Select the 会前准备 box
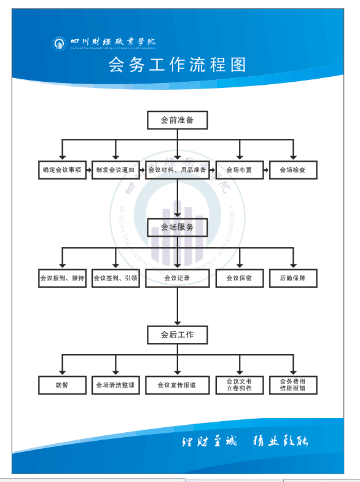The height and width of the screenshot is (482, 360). tap(178, 120)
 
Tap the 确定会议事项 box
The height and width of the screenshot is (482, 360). tap(62, 170)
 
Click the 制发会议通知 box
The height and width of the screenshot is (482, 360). tap(115, 170)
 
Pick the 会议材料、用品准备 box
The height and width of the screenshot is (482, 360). tap(178, 170)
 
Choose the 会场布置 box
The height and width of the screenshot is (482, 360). tap(240, 170)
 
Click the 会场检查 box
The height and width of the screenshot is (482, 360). tap(293, 170)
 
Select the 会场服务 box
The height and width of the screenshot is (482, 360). tap(178, 227)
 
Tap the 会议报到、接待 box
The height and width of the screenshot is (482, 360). tap(62, 278)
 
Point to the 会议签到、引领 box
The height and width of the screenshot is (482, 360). tap(115, 278)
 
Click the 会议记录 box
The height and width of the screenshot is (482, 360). tap(178, 278)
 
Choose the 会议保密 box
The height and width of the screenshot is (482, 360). tap(240, 278)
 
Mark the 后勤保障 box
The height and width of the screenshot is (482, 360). tap(293, 278)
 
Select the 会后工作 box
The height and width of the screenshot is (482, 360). tap(178, 334)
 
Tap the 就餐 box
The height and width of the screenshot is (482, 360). tap(62, 385)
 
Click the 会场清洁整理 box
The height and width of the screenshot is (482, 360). tap(115, 385)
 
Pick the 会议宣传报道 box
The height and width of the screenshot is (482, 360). tap(178, 385)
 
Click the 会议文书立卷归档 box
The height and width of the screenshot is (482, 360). tap(240, 385)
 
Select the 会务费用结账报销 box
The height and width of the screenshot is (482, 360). tap(293, 385)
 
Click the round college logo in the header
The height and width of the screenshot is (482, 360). tap(60, 44)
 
